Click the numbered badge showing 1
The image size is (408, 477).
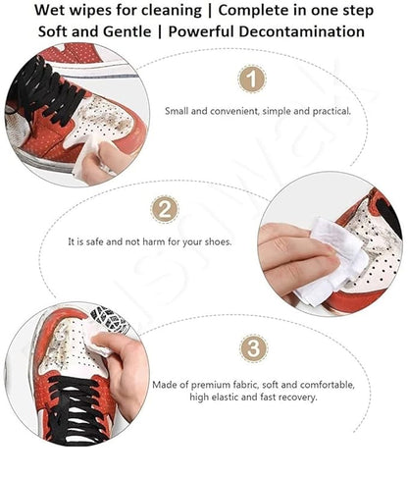click(x=252, y=79)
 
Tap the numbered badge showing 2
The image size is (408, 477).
click(x=165, y=208)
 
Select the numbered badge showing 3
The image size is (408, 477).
click(x=253, y=348)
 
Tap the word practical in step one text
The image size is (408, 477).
click(x=329, y=111)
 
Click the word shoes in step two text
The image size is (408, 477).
click(x=216, y=240)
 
